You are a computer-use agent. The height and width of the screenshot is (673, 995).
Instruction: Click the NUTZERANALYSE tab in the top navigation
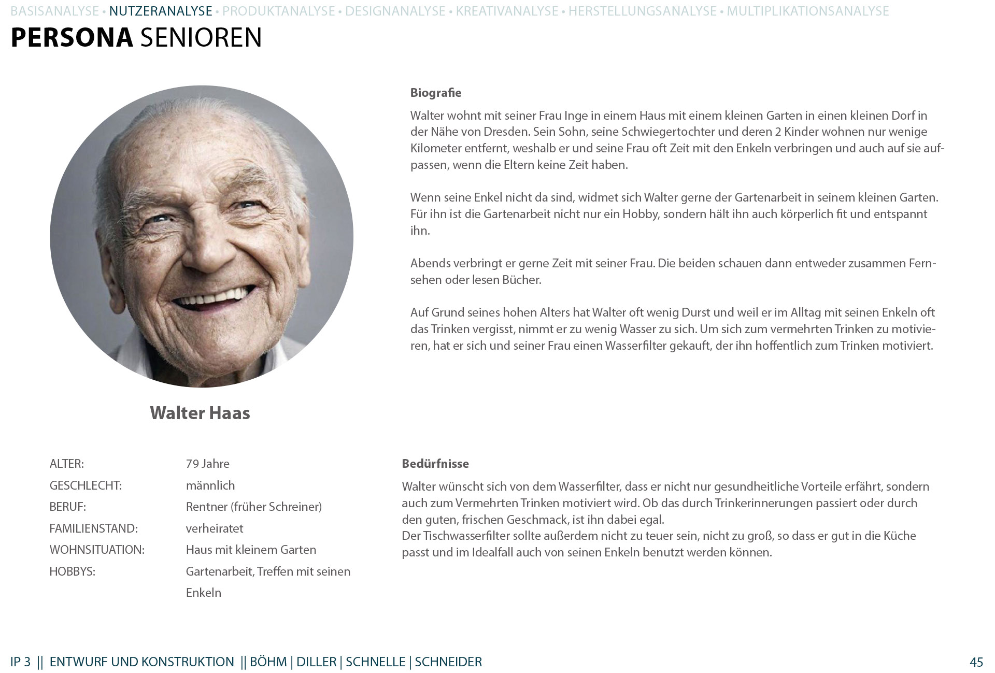[161, 11]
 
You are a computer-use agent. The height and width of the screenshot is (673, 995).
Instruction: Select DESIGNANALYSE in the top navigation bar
[395, 11]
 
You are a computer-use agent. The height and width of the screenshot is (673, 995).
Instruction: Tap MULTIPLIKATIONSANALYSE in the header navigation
[807, 11]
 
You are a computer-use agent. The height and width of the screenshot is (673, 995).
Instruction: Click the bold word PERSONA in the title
[72, 38]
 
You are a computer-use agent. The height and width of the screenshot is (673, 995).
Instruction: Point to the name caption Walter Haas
[200, 413]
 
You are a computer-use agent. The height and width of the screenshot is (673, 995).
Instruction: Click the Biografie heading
[435, 93]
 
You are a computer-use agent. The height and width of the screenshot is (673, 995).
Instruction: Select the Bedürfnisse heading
[435, 464]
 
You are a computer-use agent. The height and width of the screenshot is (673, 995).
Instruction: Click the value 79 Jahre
[207, 464]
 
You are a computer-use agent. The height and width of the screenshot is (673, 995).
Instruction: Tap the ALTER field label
[66, 464]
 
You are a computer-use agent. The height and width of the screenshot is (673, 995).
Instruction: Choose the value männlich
[210, 485]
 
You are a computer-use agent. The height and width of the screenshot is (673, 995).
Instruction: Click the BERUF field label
[67, 507]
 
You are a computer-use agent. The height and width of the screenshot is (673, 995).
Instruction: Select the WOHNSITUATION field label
[97, 550]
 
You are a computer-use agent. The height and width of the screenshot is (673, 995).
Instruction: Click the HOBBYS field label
[73, 571]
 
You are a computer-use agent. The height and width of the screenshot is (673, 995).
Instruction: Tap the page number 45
[976, 662]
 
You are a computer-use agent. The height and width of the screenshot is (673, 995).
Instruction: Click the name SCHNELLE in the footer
[375, 662]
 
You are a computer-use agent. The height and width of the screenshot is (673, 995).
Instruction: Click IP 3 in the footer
[20, 662]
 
